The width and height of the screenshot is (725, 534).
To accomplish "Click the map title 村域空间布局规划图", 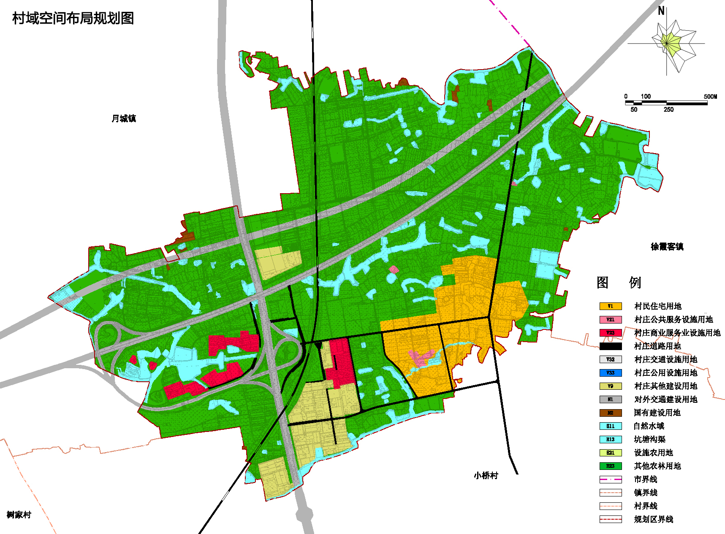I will [x=73, y=19].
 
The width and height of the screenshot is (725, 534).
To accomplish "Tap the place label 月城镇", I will [x=124, y=119].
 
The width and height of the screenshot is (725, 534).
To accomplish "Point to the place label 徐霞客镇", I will [x=667, y=246].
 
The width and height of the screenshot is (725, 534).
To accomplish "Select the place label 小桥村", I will [x=486, y=475].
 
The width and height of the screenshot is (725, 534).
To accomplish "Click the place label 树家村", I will [x=19, y=515].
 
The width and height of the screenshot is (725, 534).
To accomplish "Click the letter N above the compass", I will [x=661, y=11].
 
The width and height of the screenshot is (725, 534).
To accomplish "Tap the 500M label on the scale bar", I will [x=710, y=97].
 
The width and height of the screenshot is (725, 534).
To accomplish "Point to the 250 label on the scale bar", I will [x=668, y=110].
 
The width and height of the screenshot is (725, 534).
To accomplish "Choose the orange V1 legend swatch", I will [x=610, y=306].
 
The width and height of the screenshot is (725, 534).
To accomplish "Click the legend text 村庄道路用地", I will [x=657, y=346].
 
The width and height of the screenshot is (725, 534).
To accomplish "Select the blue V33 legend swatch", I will [x=610, y=373].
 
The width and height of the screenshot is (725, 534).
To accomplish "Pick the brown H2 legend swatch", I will [x=610, y=413].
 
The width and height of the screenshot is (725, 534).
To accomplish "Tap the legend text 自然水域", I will [x=649, y=426].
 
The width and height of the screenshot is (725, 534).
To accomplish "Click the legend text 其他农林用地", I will [x=657, y=466].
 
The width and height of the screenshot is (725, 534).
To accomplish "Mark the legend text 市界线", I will [x=646, y=480].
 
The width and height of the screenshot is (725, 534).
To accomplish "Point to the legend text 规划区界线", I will [x=653, y=519].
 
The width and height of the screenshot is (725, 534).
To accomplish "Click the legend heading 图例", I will [x=619, y=282].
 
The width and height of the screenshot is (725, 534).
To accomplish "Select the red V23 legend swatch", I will [x=610, y=333].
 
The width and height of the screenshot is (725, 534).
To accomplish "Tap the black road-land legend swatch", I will [x=610, y=346].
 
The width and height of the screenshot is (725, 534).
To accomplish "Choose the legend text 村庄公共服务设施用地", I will [x=673, y=320].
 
